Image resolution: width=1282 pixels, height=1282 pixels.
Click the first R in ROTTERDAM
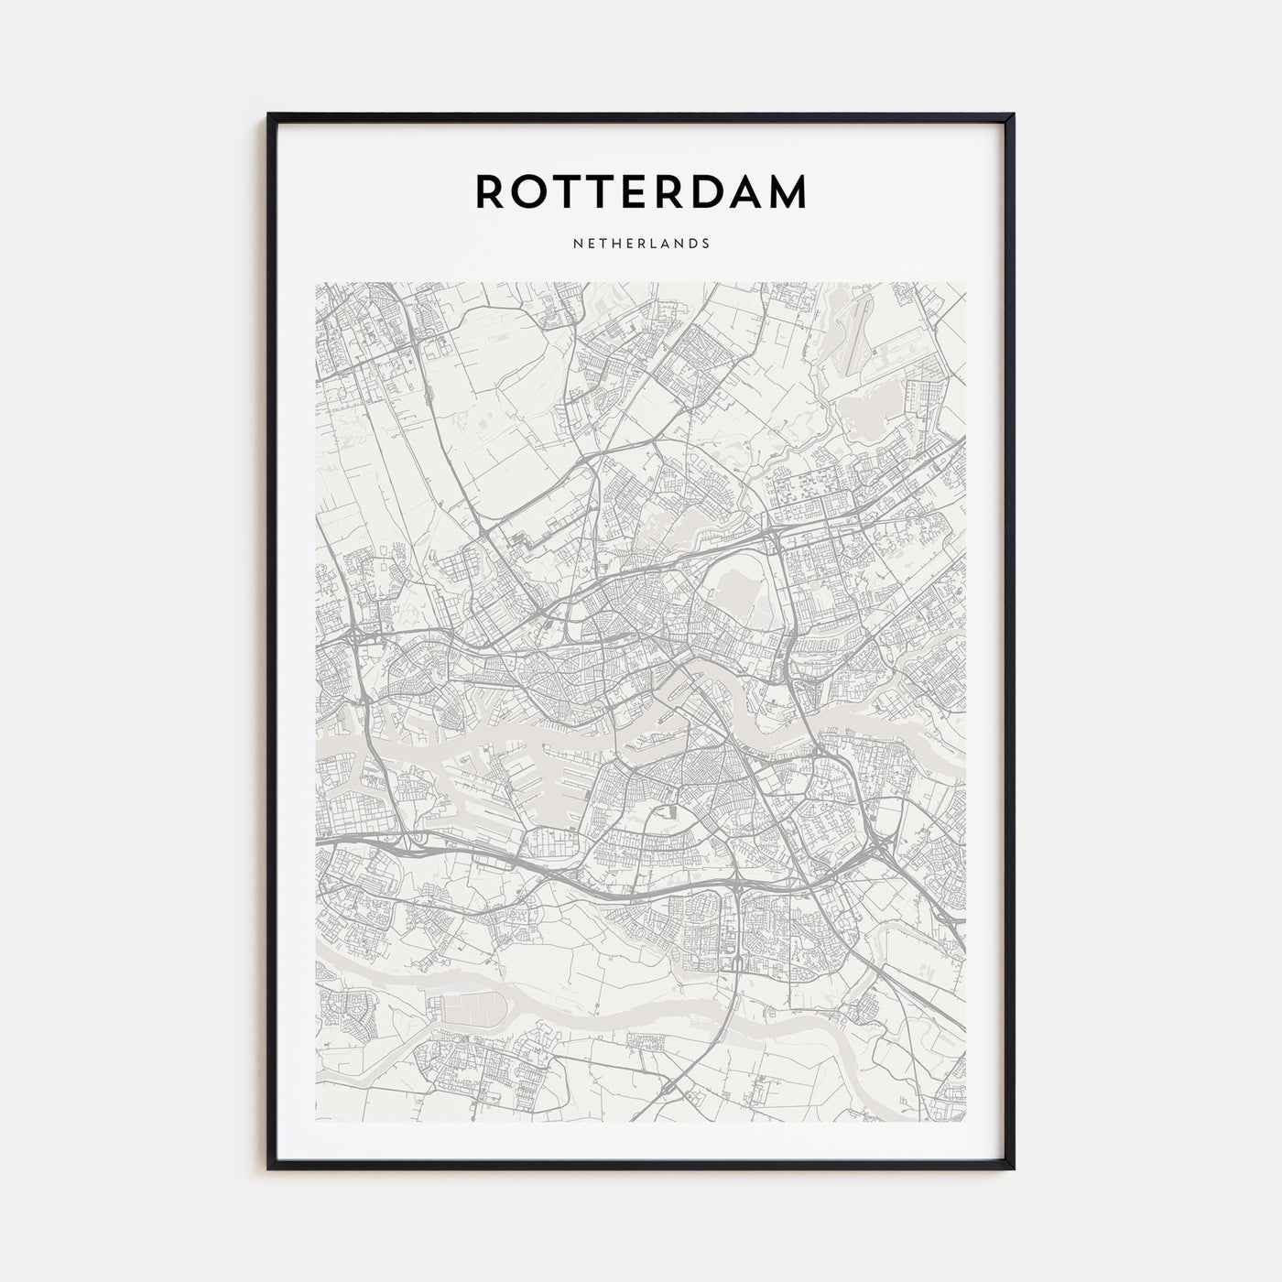(490, 191)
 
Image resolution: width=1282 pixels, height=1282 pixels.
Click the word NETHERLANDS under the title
(640, 244)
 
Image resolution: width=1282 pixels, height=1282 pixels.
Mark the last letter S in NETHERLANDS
(706, 244)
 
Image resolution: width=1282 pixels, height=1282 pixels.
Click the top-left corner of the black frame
(269, 115)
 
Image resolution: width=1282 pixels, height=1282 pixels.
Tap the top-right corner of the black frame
(1013, 115)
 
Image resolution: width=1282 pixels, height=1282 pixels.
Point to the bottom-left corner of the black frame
(269, 1168)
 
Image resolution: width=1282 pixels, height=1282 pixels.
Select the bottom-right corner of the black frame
(1013, 1168)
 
